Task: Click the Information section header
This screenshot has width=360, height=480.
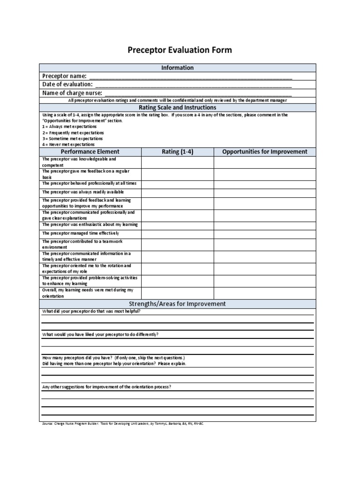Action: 177,68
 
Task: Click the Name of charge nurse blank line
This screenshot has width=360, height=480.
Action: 201,93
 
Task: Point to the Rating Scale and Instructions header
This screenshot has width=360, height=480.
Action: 177,108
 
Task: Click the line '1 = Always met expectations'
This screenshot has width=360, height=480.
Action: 69,127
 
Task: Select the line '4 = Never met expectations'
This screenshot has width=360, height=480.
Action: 68,145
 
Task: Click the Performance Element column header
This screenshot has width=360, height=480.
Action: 90,152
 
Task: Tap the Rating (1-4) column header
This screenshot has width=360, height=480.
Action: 177,152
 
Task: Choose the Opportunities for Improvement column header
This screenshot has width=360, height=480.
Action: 265,152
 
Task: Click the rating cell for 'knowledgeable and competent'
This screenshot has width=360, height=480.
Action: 177,162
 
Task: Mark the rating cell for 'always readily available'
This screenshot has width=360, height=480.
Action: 177,192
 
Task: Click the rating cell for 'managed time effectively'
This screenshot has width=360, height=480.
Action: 177,233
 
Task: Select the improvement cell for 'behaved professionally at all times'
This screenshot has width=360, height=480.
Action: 265,183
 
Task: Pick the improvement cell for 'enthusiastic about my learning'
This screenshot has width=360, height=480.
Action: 265,225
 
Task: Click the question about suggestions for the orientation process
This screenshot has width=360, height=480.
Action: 106,387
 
